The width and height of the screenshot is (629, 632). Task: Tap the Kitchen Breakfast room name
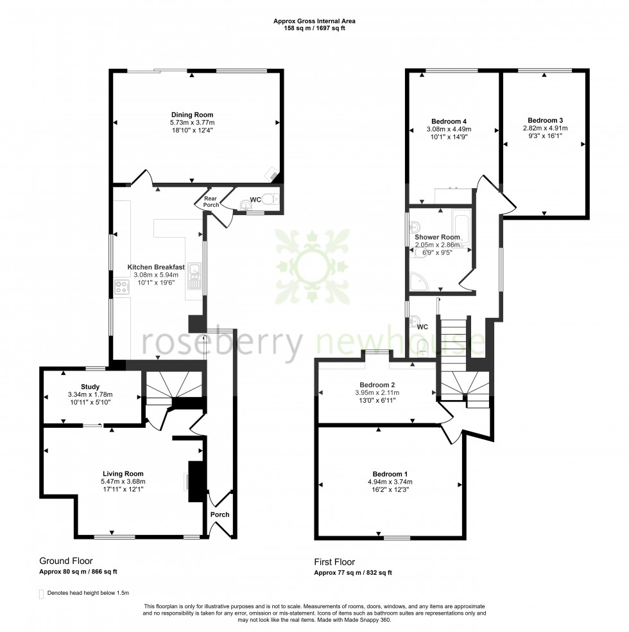click(156, 267)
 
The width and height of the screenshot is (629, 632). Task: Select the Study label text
click(90, 387)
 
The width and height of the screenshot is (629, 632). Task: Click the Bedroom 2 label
click(377, 385)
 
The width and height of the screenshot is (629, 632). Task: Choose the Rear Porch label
click(211, 202)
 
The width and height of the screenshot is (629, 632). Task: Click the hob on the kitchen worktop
click(121, 287)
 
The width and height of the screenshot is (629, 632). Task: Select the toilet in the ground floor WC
click(274, 200)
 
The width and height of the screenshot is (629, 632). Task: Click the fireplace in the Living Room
click(195, 481)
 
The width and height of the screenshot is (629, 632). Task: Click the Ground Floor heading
click(66, 561)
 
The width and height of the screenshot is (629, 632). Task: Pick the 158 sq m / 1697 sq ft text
click(314, 28)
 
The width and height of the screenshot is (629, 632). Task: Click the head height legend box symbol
click(42, 593)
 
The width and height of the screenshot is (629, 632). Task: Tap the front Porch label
click(220, 514)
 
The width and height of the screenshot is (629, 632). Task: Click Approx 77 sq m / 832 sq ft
click(352, 572)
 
